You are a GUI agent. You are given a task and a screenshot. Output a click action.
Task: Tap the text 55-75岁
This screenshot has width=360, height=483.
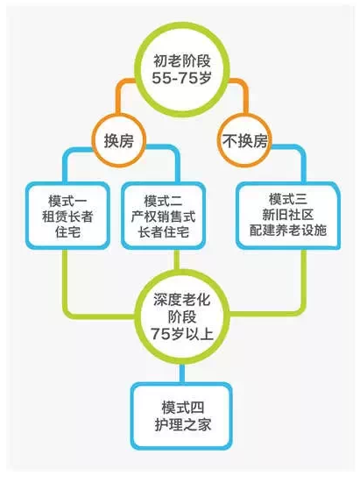tap(181, 78)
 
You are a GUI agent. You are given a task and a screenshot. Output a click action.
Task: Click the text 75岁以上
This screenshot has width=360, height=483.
tap(182, 334)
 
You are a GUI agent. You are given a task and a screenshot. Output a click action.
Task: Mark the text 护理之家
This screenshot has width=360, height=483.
tap(183, 425)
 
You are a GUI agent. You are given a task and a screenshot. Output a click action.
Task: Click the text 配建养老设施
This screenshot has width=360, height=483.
tap(288, 230)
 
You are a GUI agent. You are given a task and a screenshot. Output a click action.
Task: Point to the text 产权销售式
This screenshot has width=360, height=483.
tap(163, 217)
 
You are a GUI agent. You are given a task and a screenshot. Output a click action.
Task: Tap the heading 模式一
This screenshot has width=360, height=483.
tap(67, 201)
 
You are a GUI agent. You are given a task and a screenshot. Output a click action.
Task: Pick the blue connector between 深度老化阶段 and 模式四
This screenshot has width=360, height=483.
tap(182, 373)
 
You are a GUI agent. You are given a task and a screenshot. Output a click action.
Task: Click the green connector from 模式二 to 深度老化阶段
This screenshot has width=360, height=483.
tap(177, 260)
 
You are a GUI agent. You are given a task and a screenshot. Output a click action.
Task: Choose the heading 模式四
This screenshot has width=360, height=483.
tap(183, 408)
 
